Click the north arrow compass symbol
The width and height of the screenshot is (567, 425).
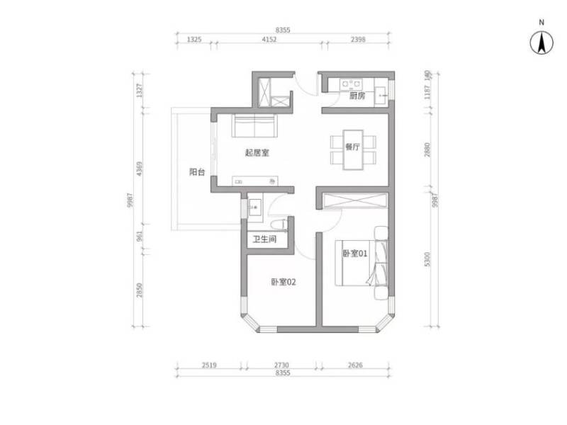[x=541, y=44]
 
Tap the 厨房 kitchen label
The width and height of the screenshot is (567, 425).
[x=357, y=96]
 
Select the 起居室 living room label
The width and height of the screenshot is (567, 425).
[x=256, y=152]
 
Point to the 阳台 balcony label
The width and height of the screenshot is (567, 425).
[x=197, y=171]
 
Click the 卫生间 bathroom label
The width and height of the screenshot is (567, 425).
[x=266, y=239]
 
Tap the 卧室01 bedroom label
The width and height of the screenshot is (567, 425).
[x=354, y=254]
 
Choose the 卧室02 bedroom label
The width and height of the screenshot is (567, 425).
[x=283, y=281]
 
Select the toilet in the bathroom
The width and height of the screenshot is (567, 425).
[x=283, y=225]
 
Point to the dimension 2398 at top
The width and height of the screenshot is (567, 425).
[x=358, y=40]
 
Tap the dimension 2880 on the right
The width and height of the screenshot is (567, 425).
[x=427, y=149]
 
